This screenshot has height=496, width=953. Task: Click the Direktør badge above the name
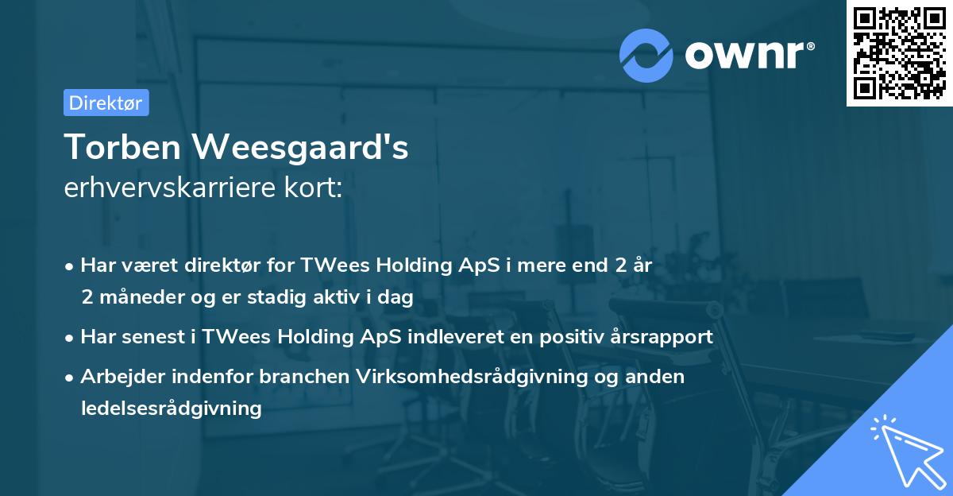(x=106, y=103)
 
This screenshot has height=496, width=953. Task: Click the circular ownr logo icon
(x=646, y=55)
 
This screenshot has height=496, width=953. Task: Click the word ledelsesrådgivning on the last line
(x=171, y=409)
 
